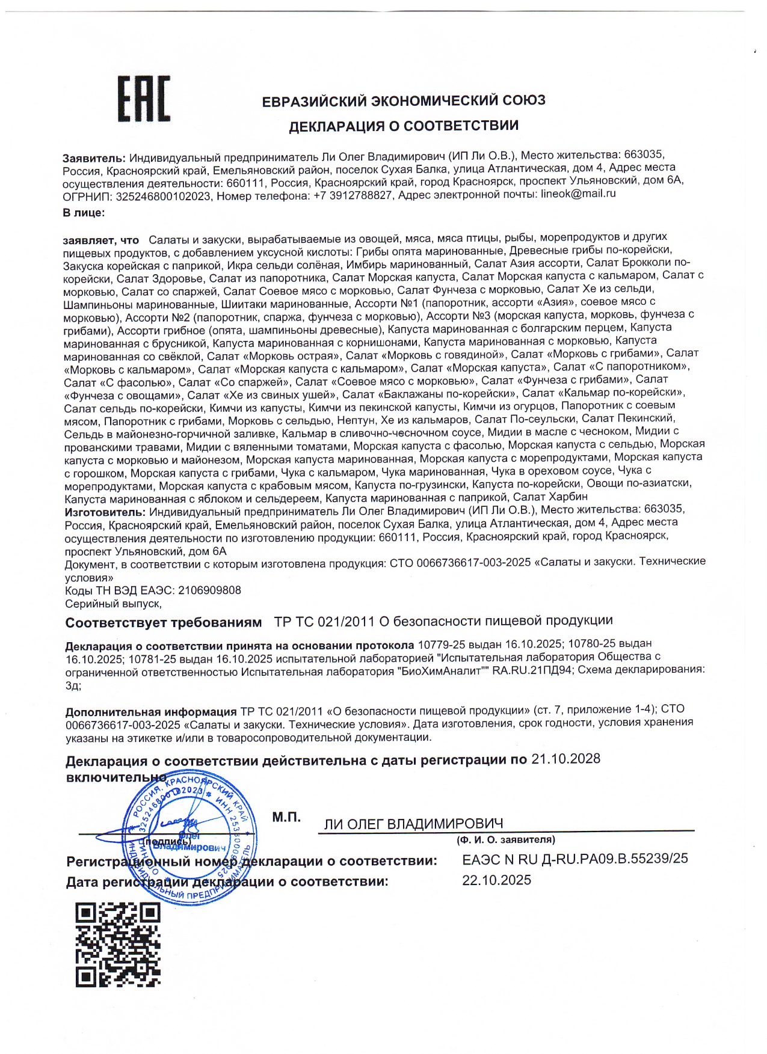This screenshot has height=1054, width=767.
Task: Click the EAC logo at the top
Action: click(x=144, y=99)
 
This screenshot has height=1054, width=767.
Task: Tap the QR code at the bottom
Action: click(x=118, y=945)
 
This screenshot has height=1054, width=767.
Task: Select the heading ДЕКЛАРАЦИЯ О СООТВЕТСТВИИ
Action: click(x=404, y=126)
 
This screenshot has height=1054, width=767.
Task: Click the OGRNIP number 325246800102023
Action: click(x=163, y=196)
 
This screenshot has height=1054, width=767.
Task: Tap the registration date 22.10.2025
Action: click(x=496, y=880)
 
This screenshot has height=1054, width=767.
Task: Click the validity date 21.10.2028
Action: click(x=565, y=759)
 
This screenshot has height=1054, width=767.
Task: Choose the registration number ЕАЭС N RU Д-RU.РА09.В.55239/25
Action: click(x=574, y=859)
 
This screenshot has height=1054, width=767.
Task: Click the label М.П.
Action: click(x=286, y=817)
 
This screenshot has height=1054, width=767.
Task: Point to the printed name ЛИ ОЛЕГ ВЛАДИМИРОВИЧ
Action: click(x=413, y=824)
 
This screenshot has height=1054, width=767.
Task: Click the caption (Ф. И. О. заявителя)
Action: click(x=505, y=839)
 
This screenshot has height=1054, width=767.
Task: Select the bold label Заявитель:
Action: click(x=94, y=158)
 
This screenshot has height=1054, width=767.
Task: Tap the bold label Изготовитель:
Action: click(x=105, y=512)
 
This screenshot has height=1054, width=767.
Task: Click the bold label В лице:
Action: click(x=84, y=213)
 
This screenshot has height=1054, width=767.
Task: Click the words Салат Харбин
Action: click(x=550, y=497)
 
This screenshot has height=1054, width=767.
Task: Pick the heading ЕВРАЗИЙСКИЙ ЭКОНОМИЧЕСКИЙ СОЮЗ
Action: click(x=404, y=100)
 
